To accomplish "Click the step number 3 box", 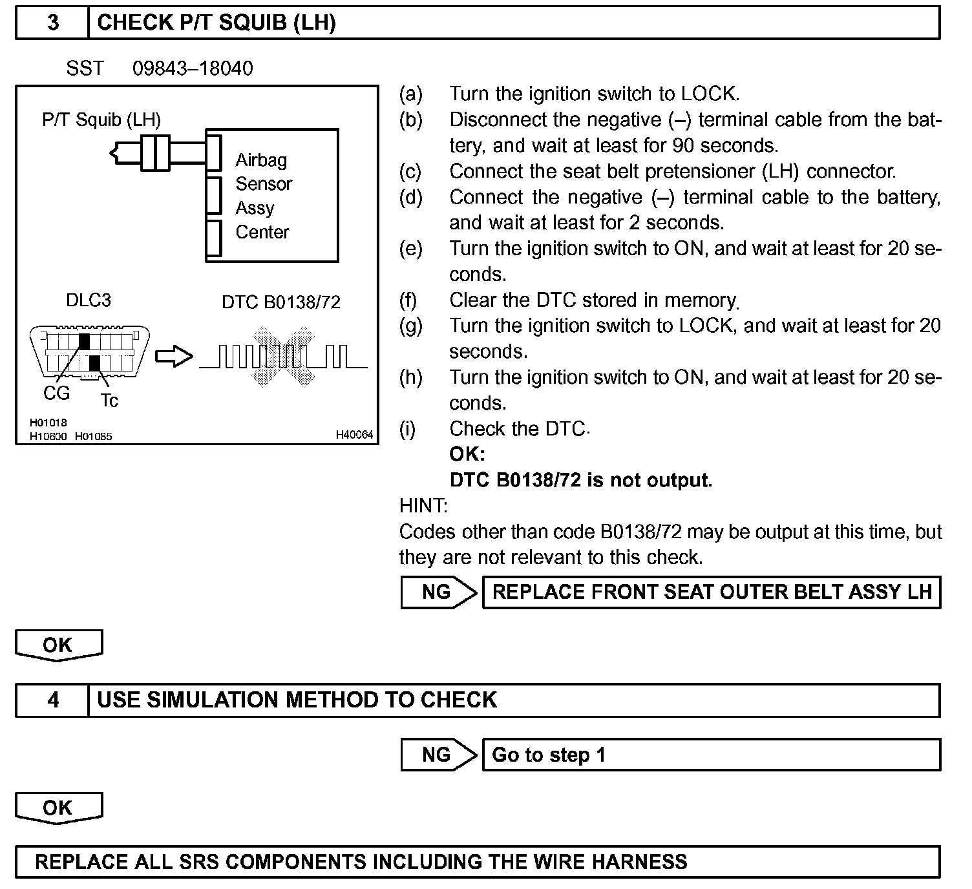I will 52,23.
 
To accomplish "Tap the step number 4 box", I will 52,700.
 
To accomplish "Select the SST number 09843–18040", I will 193,68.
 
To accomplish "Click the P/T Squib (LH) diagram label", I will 101,120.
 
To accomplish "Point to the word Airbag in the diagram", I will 261,160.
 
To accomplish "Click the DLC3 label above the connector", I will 89,300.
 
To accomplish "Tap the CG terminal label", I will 56,393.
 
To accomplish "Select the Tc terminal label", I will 109,401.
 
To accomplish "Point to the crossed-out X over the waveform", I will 282,357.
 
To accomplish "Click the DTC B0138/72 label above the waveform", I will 280,302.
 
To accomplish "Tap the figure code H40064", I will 354,435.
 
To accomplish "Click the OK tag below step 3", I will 58,645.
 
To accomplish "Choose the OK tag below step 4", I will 58,808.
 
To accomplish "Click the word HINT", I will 423,506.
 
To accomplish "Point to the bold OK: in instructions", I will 467,454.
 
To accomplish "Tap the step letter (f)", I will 408,300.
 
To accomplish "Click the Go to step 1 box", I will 711,755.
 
